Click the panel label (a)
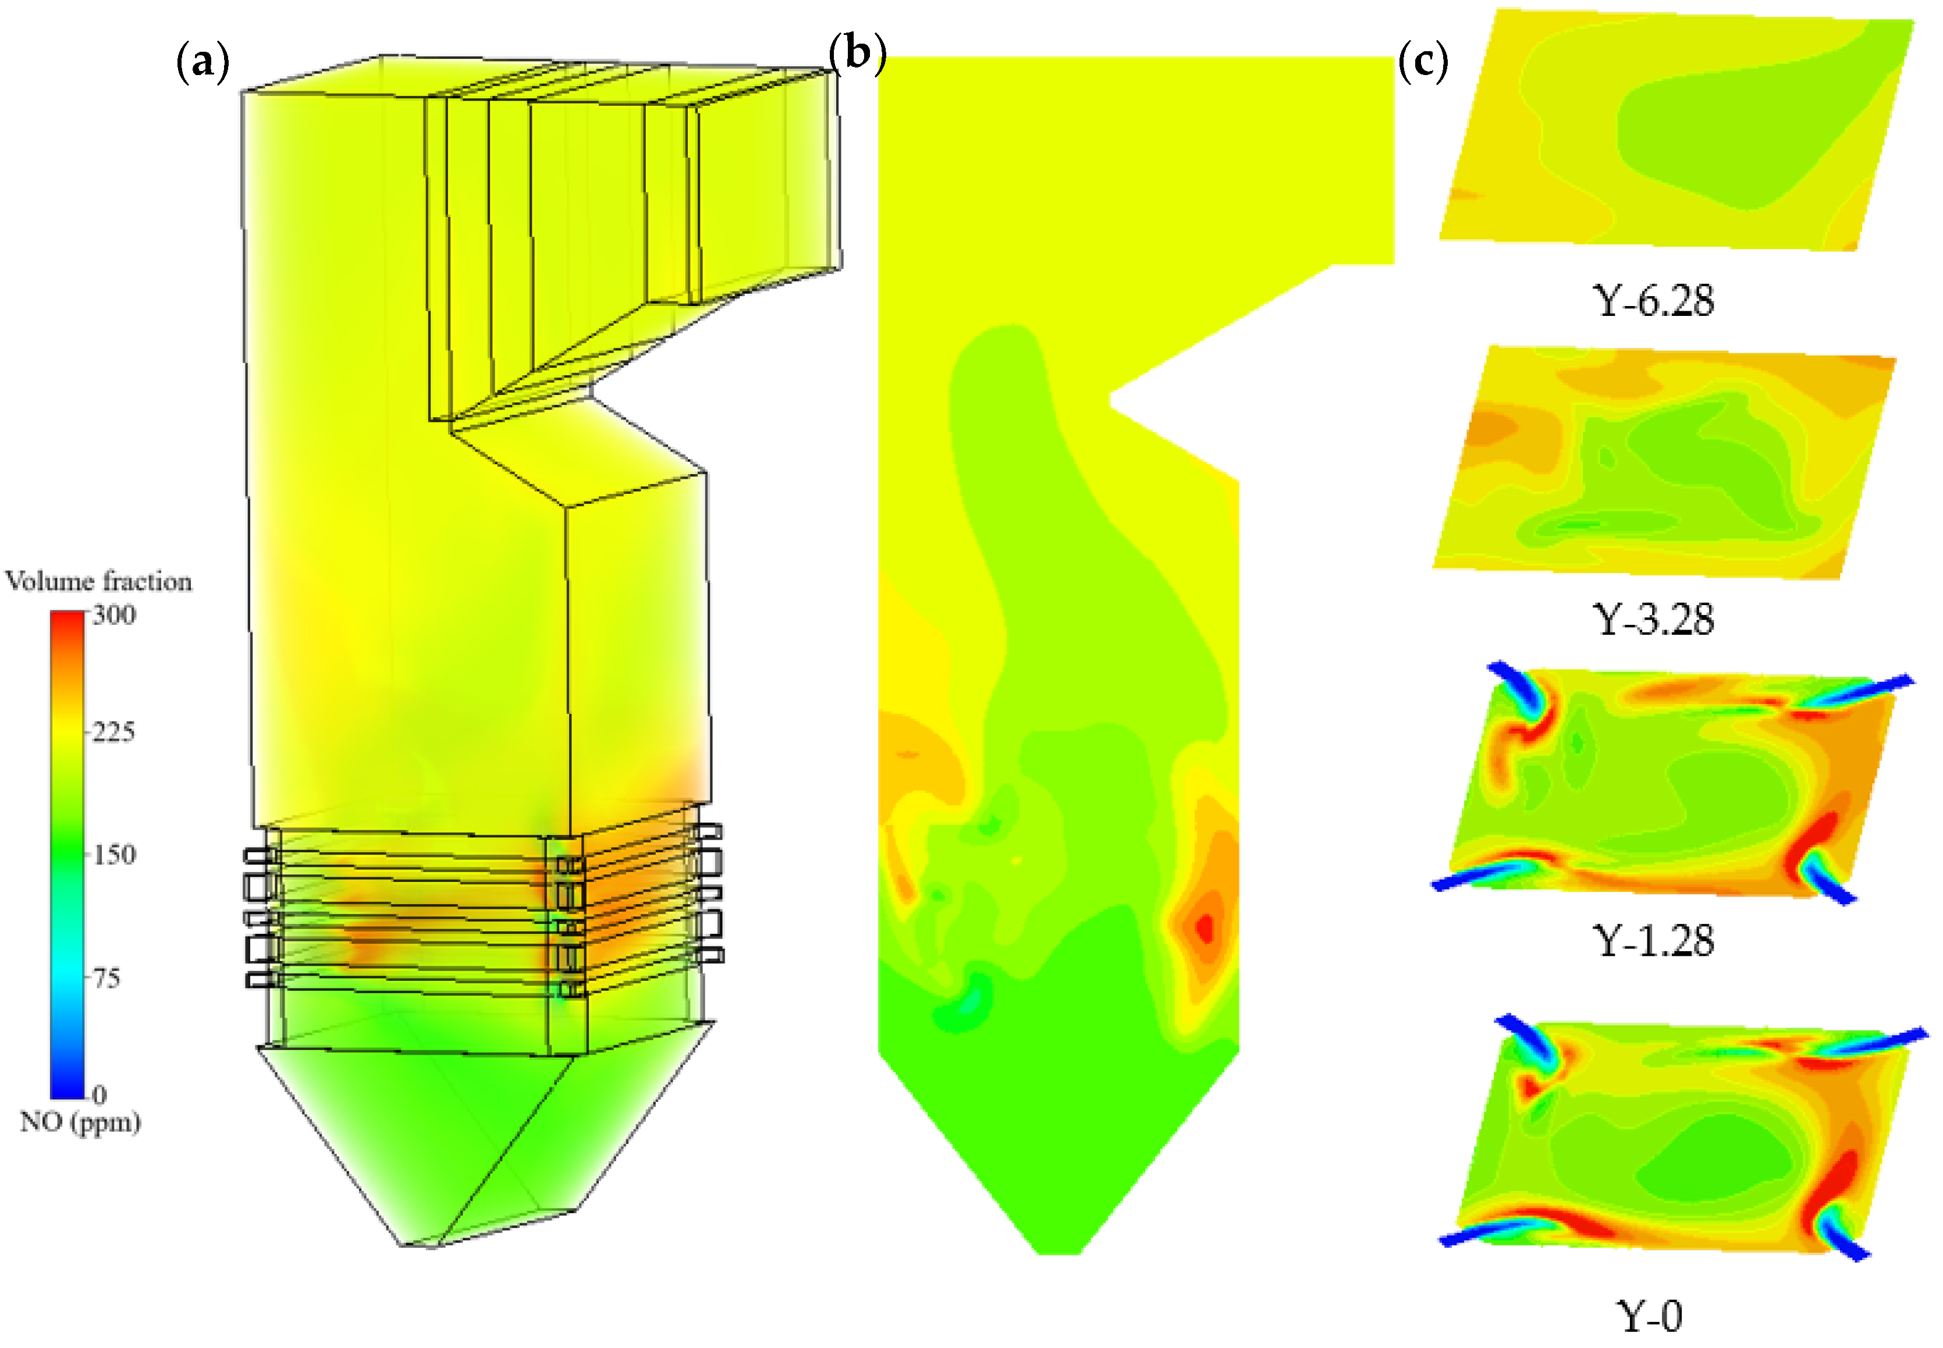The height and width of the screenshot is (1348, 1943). tap(203, 62)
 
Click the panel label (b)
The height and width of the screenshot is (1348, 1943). tap(857, 52)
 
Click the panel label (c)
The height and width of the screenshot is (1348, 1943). tap(1423, 61)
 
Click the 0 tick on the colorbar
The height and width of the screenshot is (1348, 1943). tap(100, 1094)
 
